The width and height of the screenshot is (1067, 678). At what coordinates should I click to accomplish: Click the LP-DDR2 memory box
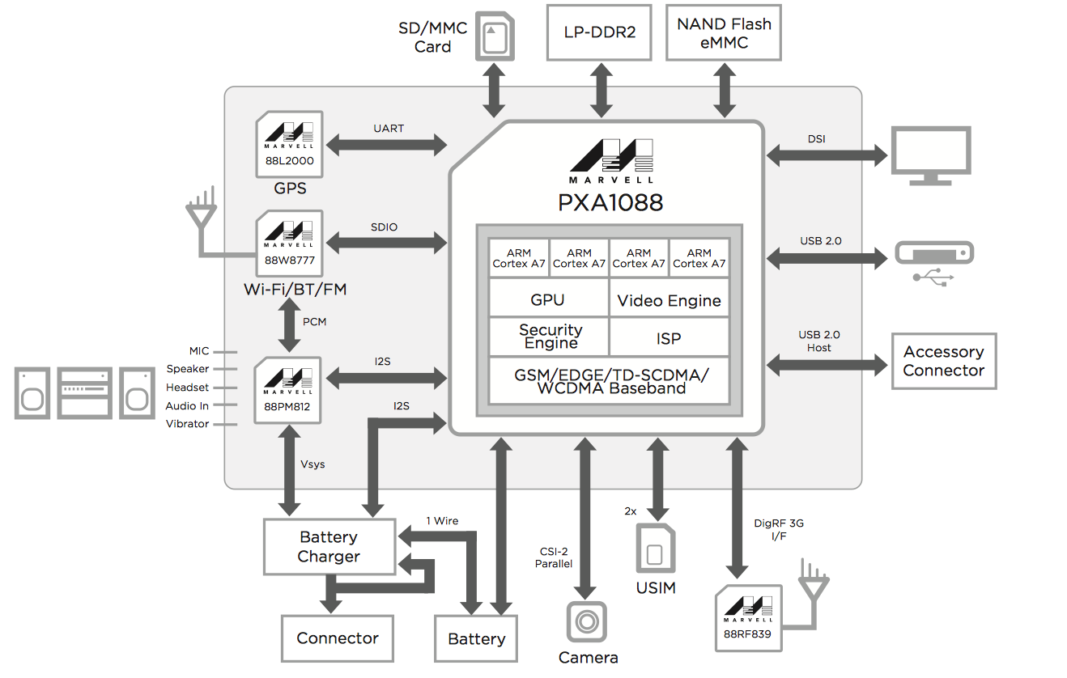[x=599, y=32]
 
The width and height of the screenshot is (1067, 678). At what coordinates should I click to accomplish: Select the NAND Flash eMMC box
[x=724, y=33]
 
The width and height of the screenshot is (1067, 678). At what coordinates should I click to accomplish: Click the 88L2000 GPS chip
[x=289, y=144]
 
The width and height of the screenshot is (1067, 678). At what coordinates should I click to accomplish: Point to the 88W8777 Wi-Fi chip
[x=289, y=244]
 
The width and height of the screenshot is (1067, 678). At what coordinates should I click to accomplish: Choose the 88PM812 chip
[x=289, y=390]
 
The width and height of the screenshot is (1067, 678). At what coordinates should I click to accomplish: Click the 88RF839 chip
[x=749, y=617]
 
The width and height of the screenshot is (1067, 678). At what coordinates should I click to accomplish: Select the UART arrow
[x=389, y=146]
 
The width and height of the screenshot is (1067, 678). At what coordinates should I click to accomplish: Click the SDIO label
[x=385, y=227]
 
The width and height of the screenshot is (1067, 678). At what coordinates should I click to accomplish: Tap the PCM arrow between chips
[x=289, y=327]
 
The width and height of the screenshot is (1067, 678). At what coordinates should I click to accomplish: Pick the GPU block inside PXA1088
[x=548, y=299]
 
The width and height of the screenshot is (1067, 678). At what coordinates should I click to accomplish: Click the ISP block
[x=669, y=338]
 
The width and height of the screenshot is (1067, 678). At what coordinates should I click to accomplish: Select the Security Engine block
[x=551, y=337]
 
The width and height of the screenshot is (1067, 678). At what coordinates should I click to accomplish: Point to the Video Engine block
[x=669, y=300]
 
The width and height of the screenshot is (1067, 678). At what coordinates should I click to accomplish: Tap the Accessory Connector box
[x=943, y=361]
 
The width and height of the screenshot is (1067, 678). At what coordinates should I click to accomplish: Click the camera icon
[x=586, y=621]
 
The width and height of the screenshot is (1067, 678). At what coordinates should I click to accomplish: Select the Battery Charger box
[x=329, y=546]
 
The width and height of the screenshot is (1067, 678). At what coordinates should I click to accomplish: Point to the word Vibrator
[x=187, y=424]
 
